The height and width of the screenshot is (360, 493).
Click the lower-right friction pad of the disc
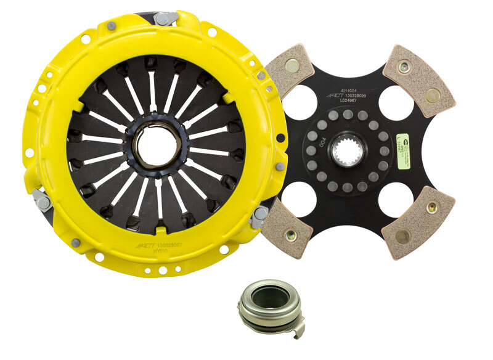pos(417,223)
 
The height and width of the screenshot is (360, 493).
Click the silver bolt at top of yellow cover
pos(165,18)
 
